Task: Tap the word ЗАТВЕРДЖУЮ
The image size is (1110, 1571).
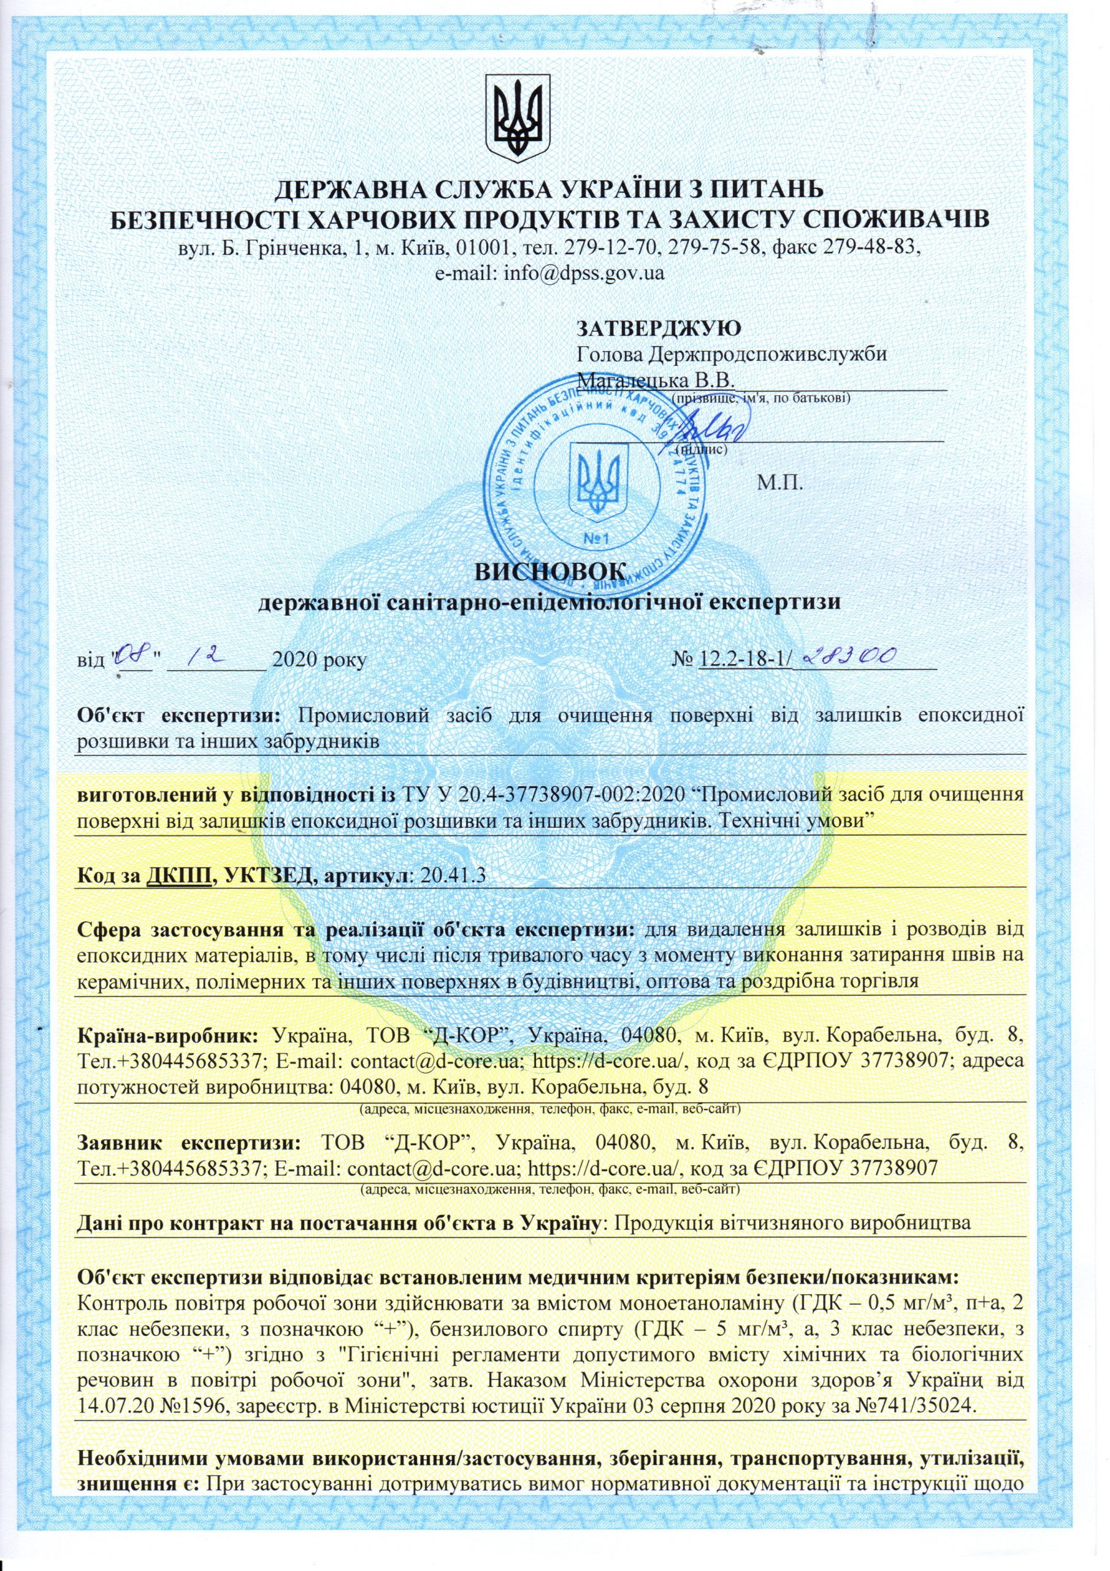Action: (x=659, y=328)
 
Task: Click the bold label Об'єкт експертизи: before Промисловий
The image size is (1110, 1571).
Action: (x=178, y=716)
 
